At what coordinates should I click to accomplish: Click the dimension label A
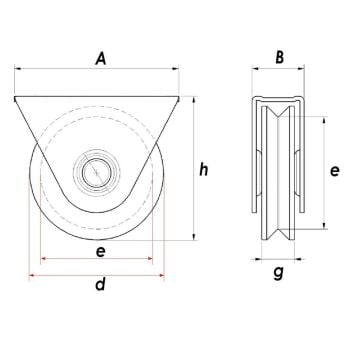click(100, 60)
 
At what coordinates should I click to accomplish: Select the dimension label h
click(203, 171)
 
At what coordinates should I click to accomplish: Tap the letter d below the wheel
click(100, 286)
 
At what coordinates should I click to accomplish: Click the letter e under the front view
click(100, 253)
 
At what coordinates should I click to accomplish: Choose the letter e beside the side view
click(337, 171)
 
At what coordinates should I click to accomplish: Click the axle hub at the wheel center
click(95, 172)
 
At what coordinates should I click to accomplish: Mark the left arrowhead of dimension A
click(18, 71)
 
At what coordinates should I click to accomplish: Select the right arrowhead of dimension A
click(181, 71)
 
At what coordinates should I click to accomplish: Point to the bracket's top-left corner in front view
click(15, 97)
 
